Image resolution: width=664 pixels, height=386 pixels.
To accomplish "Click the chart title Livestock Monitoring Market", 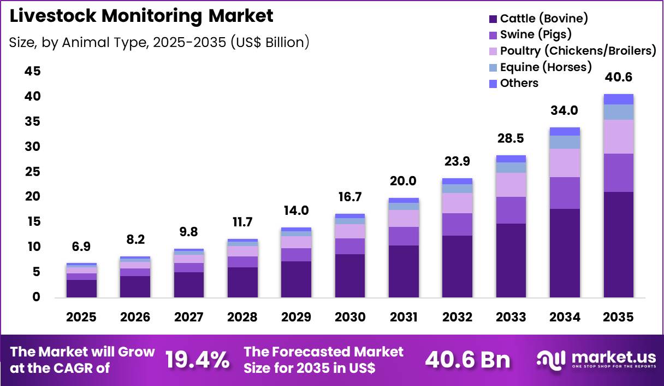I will (x=141, y=16).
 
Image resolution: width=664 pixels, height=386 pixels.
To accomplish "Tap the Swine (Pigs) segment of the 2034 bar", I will (x=565, y=193).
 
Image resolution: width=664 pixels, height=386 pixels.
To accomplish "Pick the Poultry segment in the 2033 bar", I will (x=511, y=185).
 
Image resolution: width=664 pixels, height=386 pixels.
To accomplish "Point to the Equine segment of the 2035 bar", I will (x=618, y=112).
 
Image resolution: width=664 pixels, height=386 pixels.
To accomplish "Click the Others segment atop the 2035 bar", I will (x=618, y=99).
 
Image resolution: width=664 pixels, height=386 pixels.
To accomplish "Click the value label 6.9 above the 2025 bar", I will (x=81, y=247).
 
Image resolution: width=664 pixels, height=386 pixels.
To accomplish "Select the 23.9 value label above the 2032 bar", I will (x=457, y=161).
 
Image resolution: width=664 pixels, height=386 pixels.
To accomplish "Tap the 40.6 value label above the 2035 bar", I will (x=618, y=77).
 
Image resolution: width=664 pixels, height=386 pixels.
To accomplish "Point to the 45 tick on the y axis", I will (x=32, y=72).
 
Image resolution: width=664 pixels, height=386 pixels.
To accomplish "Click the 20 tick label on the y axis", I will (x=32, y=197).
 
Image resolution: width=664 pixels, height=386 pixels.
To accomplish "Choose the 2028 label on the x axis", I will (x=242, y=318).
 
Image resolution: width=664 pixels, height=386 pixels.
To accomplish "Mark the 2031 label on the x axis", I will (x=404, y=318).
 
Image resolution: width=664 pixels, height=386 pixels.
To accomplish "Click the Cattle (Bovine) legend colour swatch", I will (x=493, y=19).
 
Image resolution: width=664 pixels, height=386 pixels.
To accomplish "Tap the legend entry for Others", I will (x=519, y=83).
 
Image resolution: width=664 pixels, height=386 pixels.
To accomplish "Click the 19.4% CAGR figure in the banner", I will (x=197, y=360).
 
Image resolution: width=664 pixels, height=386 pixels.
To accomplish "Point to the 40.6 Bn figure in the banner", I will (x=468, y=360).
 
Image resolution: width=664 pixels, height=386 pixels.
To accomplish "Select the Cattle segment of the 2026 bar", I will (x=135, y=286).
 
